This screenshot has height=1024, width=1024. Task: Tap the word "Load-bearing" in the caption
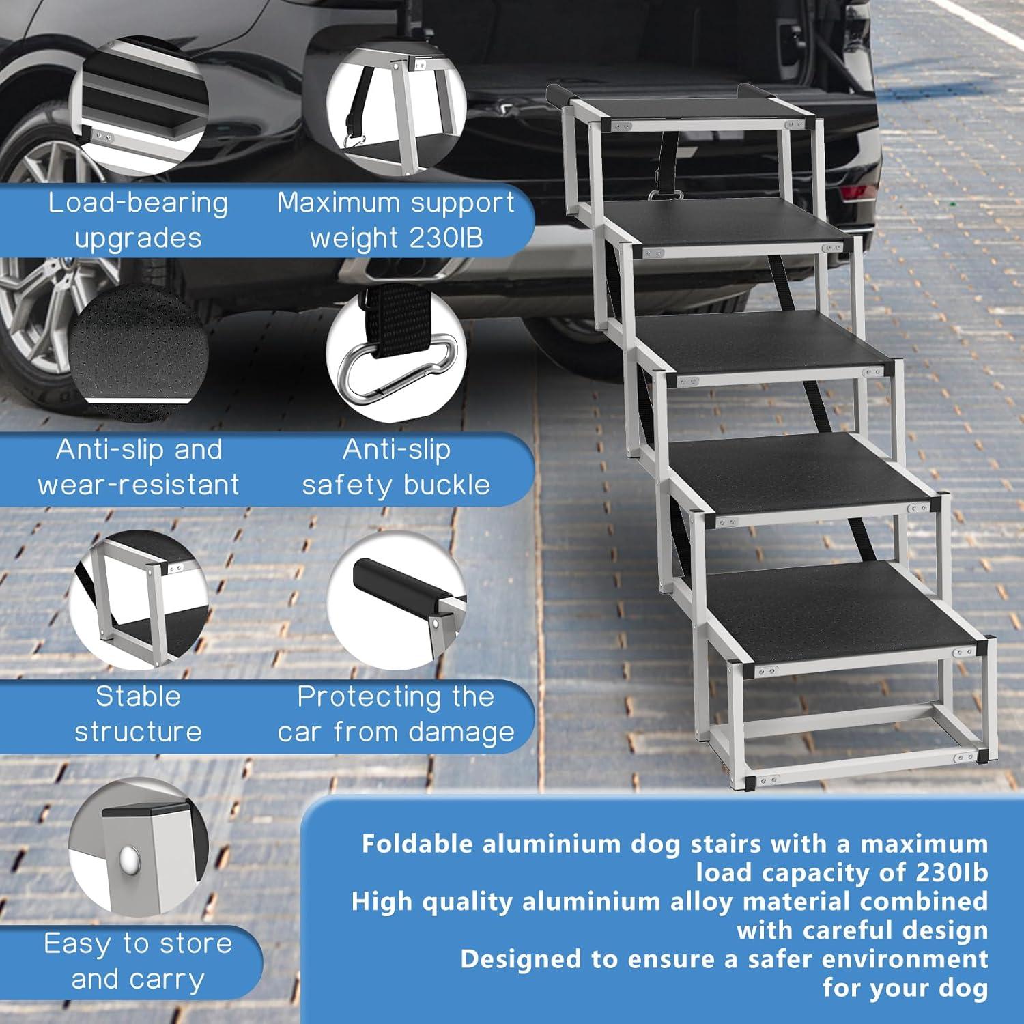coord(138,203)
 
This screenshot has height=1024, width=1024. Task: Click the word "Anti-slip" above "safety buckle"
coord(397,450)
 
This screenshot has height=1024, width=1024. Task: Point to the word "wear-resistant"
coord(139,485)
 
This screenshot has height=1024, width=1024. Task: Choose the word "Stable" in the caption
coord(138,697)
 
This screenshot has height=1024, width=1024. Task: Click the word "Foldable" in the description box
coord(417,844)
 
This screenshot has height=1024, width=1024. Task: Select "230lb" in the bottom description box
coord(948,872)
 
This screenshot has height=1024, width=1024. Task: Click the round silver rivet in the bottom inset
coord(128,855)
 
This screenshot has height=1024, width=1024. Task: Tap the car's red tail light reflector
coord(856,195)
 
